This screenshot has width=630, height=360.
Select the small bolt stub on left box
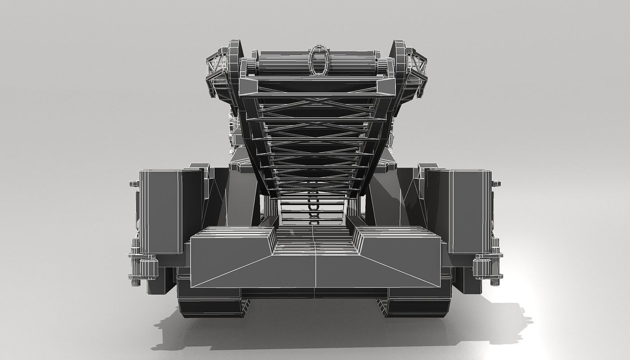pyautogui.click(x=134, y=184)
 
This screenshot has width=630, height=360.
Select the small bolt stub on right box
pyautogui.click(x=496, y=184)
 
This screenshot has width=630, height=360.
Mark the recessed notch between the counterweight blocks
pyautogui.click(x=315, y=245)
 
